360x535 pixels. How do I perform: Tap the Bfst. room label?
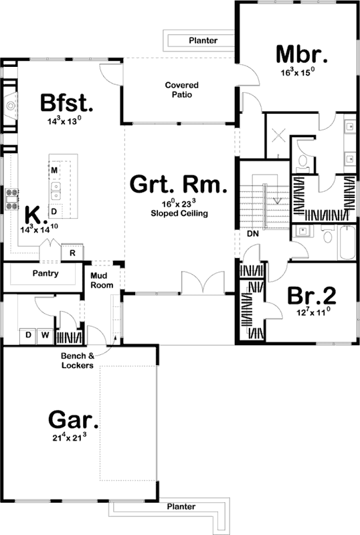(65, 104)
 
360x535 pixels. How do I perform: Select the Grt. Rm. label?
(179, 184)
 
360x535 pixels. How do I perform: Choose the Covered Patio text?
(179, 90)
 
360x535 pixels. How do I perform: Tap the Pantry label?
(46, 274)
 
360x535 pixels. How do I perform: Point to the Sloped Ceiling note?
(179, 214)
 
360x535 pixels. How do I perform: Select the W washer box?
(43, 334)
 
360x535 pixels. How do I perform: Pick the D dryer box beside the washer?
(29, 334)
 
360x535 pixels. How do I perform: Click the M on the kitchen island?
(54, 171)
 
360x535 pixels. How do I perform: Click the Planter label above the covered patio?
(202, 41)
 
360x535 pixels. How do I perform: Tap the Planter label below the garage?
(181, 507)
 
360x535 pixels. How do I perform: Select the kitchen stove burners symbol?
(11, 199)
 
